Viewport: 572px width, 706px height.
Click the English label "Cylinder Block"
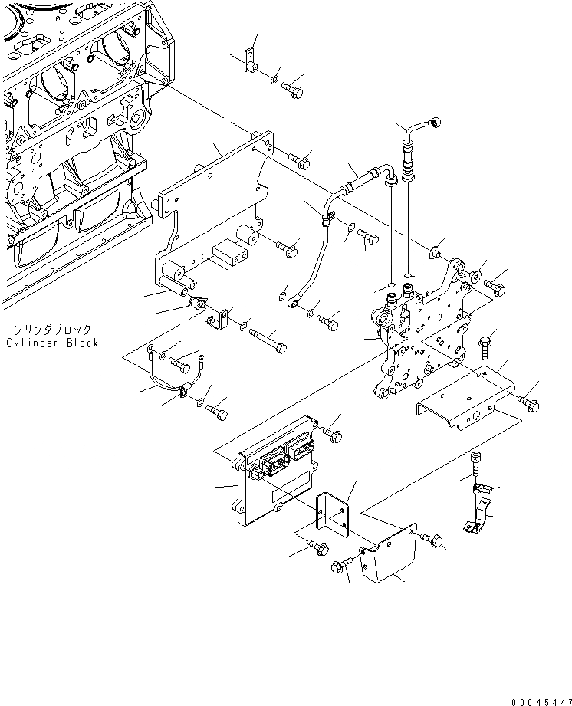(x=52, y=343)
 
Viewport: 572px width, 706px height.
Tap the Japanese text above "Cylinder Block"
(x=52, y=329)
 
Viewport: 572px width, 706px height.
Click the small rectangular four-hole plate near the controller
(x=334, y=512)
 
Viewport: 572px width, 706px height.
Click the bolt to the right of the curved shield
(x=434, y=541)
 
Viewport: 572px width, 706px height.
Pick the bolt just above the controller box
(x=331, y=433)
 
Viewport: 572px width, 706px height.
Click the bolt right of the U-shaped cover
(x=528, y=400)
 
